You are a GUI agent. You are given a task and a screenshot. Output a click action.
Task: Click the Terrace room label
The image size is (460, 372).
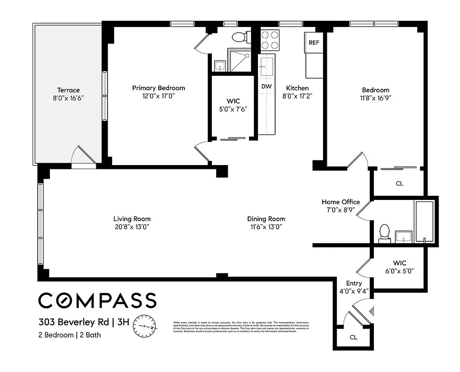tap(68, 90)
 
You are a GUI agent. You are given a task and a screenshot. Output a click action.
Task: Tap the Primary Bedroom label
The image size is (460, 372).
tap(158, 88)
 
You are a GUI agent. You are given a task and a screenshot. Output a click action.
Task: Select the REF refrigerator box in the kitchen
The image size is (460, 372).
tap(314, 42)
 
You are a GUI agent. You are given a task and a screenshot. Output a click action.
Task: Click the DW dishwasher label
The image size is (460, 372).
tap(266, 86)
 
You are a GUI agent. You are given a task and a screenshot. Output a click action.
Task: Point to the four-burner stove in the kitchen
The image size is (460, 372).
tap(270, 40)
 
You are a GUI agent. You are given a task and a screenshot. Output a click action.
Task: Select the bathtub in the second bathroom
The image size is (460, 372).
tap(424, 222)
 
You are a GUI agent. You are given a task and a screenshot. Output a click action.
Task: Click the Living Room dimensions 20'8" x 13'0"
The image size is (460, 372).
tap(132, 226)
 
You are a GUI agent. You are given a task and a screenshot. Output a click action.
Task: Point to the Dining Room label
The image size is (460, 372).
tap(266, 219)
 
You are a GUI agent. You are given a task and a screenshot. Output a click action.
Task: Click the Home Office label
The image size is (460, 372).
tap(341, 202)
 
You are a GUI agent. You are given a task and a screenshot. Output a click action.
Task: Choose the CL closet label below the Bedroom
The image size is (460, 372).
tap(399, 184)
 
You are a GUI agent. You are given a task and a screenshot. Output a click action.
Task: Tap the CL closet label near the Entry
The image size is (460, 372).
tap(353, 337)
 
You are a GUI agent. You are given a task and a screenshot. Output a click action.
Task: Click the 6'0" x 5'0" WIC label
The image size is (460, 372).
tap(399, 263)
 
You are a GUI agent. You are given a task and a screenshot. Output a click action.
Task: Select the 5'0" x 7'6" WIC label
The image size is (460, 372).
tap(233, 101)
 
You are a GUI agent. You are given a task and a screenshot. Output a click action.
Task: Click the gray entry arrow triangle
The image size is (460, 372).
tap(371, 310)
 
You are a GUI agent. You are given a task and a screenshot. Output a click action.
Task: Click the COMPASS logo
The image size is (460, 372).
tap(97, 300)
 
